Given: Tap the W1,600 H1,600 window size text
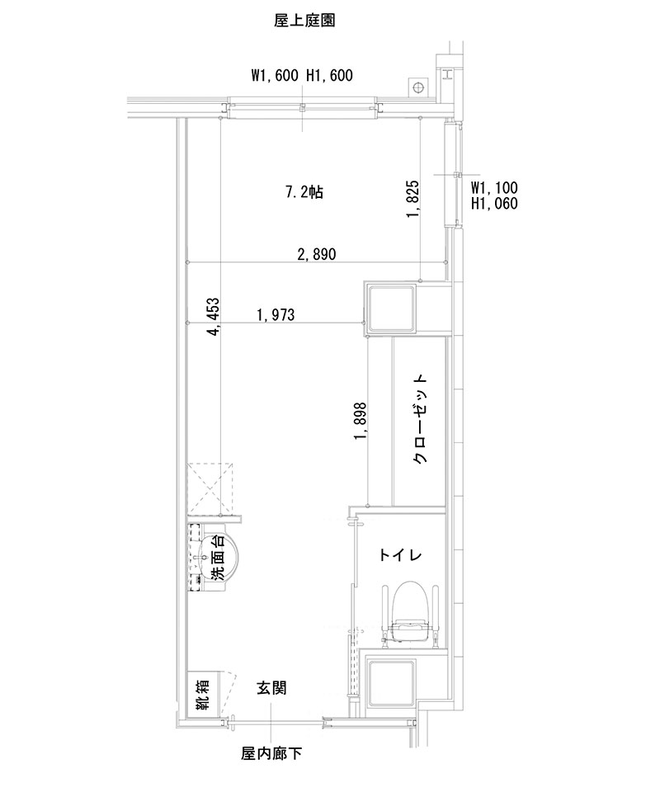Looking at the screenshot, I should (302, 77).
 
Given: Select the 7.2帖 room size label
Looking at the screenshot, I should (304, 193).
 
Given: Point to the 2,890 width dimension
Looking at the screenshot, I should (316, 254).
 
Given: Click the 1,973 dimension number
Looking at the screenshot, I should (276, 314).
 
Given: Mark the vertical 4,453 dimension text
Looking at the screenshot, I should (214, 318).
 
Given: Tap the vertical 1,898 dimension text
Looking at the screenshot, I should (361, 422).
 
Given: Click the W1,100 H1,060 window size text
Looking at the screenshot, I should (494, 196).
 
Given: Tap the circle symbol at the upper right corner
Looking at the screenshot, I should (418, 87).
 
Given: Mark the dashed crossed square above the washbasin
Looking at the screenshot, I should (213, 488).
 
